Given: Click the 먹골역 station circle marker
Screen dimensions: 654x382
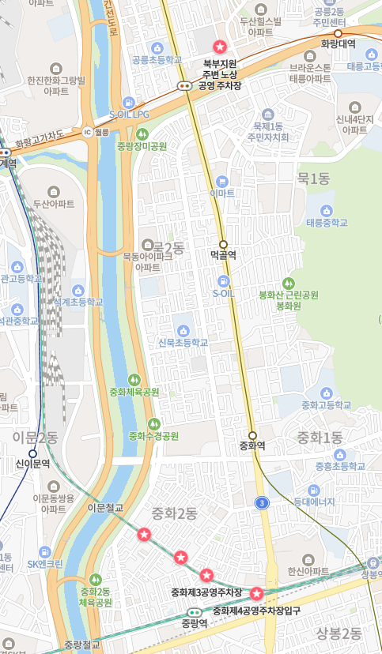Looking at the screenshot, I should click(223, 244).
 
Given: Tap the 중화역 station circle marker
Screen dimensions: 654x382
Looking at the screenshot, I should click(252, 435).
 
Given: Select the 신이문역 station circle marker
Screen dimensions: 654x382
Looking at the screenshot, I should click(32, 453).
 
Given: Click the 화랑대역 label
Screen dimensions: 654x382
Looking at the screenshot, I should click(338, 45).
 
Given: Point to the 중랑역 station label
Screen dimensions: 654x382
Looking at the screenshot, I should click(194, 623).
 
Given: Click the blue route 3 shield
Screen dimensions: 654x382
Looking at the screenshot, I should click(262, 502).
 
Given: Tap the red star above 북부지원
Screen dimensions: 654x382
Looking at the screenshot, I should click(220, 47).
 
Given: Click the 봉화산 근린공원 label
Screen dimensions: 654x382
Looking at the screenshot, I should click(289, 295).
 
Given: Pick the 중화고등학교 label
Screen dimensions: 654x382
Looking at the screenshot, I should click(326, 405).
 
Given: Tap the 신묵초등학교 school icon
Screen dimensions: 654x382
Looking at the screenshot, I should click(183, 329).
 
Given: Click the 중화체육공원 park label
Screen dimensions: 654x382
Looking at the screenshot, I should click(134, 392).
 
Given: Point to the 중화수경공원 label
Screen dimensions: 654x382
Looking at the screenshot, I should click(153, 436).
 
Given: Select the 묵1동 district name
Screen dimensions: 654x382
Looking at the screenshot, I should click(312, 179).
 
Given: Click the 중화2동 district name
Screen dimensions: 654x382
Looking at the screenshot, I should click(175, 514).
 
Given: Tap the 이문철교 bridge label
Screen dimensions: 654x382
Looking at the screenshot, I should click(105, 508).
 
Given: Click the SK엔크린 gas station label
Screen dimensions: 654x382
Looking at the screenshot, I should click(45, 564).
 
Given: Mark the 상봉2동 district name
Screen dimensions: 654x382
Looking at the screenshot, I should click(339, 633).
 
